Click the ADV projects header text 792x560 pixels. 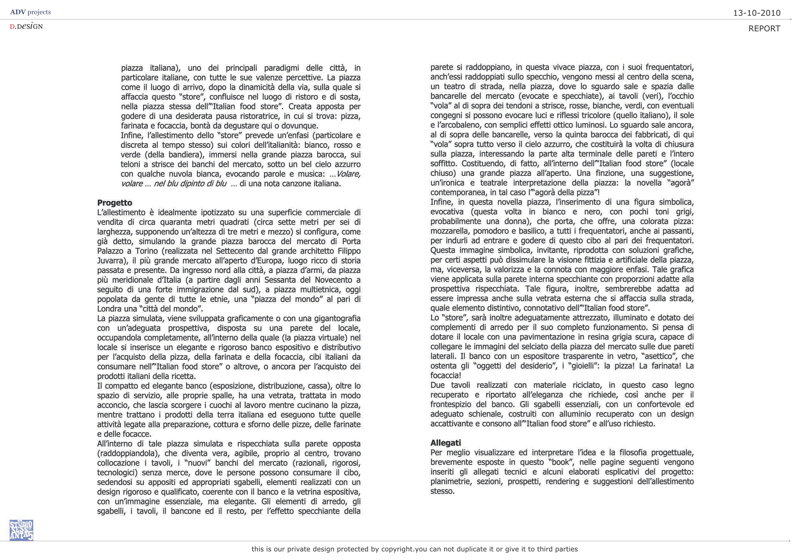(x=30, y=12)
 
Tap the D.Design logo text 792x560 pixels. (x=26, y=26)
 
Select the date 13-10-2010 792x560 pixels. (x=757, y=13)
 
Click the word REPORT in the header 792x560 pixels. (x=764, y=29)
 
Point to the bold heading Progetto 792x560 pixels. (x=115, y=202)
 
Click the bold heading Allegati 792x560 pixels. (x=445, y=443)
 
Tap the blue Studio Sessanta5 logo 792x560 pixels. (x=21, y=530)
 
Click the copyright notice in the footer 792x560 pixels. (x=415, y=549)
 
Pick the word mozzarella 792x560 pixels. (x=450, y=231)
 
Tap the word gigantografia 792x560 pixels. (x=333, y=318)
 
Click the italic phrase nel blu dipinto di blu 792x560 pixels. (x=190, y=184)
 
